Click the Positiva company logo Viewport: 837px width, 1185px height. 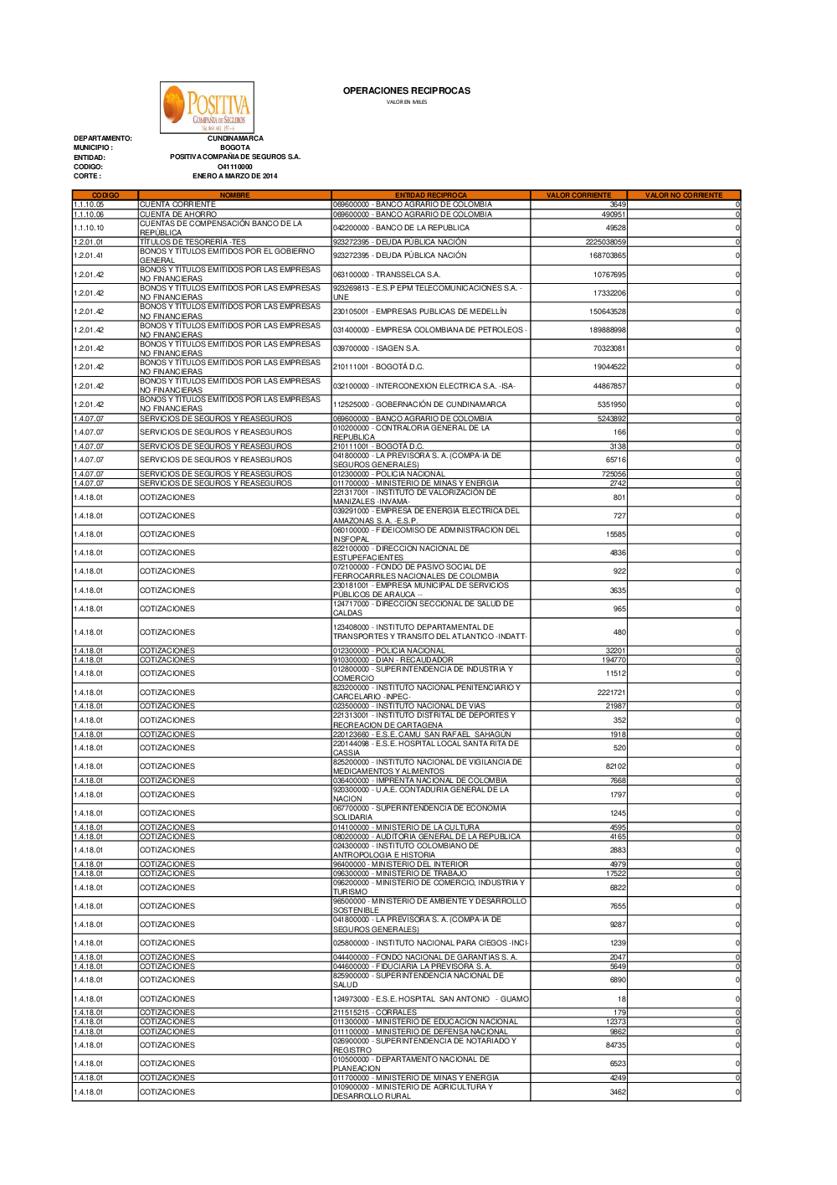pos(207,107)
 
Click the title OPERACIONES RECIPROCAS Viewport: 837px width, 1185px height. pos(407,90)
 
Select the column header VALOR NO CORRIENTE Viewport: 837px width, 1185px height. pos(683,195)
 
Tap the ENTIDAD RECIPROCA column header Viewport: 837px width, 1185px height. pos(430,195)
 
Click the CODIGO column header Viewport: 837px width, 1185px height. pos(105,195)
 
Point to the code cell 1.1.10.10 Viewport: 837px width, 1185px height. pos(89,228)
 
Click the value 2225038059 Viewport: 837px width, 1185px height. pos(605,242)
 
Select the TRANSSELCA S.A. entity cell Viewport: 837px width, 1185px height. pos(387,275)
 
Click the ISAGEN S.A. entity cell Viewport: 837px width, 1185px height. pos(377,348)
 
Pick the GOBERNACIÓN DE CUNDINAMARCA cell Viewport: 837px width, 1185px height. pos(419,404)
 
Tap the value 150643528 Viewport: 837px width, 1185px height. pos(607,312)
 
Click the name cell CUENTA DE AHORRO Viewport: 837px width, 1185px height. pos(178,214)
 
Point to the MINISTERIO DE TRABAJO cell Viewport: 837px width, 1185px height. pos(400,873)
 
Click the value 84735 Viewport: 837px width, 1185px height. pos(615,1045)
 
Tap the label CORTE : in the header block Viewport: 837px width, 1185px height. pos(87,176)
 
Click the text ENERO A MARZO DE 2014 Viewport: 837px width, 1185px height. pos(234,176)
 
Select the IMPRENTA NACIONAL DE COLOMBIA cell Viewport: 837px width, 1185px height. pos(420,781)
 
